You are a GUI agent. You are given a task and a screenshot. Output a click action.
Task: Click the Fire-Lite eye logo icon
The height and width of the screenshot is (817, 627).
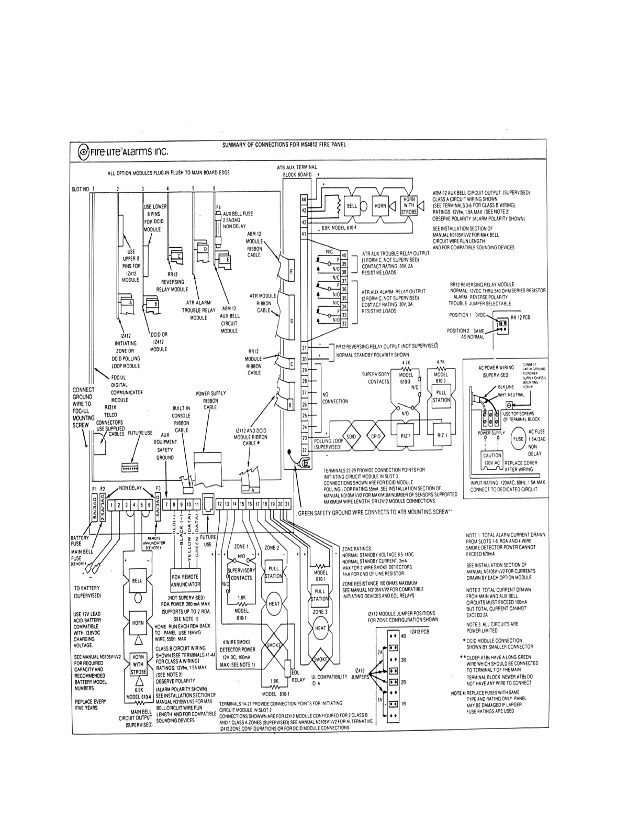click(x=83, y=152)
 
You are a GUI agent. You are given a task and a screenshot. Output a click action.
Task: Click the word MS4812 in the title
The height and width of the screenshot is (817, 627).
click(x=312, y=145)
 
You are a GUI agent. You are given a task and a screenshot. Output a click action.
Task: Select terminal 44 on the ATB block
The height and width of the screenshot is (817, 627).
click(x=304, y=200)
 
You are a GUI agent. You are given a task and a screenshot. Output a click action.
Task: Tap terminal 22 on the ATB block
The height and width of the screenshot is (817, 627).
click(x=304, y=450)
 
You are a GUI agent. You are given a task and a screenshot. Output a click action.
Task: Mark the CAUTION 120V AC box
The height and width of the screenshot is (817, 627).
click(x=492, y=459)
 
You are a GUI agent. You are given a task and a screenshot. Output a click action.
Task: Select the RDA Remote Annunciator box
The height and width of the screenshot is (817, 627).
click(x=186, y=580)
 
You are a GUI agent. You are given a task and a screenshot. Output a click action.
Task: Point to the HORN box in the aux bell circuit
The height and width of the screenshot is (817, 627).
click(x=380, y=206)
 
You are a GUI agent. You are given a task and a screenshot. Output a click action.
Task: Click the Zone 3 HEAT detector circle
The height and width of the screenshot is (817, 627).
click(x=320, y=628)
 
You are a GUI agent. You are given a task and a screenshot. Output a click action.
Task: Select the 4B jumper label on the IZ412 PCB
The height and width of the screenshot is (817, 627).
click(x=404, y=635)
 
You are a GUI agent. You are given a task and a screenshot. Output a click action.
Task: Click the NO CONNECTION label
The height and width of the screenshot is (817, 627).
click(x=335, y=398)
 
